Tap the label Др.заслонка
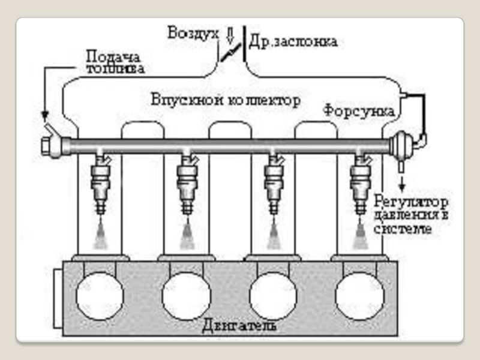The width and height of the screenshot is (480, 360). point(293,41)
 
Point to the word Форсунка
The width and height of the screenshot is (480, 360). point(359,112)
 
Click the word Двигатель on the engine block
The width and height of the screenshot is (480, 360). point(239,326)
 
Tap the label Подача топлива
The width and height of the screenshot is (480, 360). point(115,62)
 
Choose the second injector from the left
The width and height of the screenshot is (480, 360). point(187,183)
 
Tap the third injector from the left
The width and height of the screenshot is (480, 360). point(274,183)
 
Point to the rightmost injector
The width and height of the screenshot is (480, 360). point(360,183)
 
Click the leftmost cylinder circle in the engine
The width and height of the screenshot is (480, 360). point(100,296)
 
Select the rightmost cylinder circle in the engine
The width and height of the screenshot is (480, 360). point(360,296)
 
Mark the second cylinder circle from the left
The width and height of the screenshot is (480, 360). point(187,296)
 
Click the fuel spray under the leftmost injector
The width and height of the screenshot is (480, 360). point(100,236)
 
